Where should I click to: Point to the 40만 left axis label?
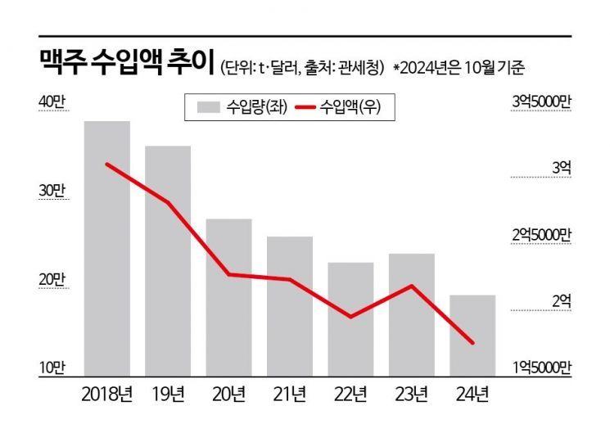click(x=50, y=101)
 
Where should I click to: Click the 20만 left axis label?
click(x=50, y=279)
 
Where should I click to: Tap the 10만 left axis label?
click(x=50, y=368)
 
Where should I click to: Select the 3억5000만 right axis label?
click(x=541, y=101)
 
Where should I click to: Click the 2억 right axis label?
click(x=561, y=301)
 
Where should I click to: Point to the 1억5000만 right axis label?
click(x=541, y=368)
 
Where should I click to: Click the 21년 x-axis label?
click(x=289, y=395)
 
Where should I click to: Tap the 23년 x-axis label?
click(x=411, y=395)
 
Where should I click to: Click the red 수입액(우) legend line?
click(x=305, y=106)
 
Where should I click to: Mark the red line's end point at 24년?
click(x=472, y=343)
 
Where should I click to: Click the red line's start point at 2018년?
click(x=107, y=164)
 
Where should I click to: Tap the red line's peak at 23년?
click(x=411, y=286)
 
